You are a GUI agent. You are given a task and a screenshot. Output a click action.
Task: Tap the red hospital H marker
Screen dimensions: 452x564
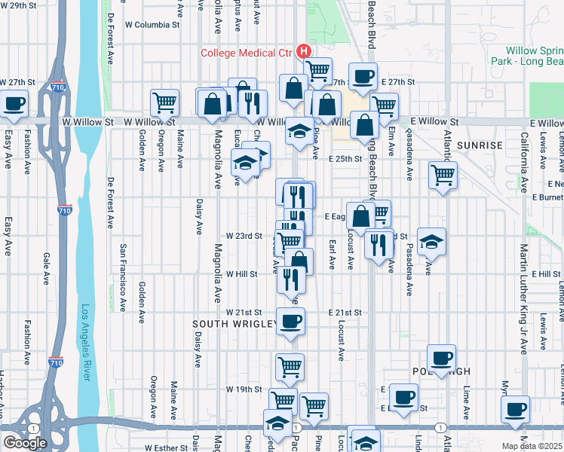click(x=304, y=51)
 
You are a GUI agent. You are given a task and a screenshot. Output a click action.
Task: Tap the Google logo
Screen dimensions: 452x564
click(x=25, y=443)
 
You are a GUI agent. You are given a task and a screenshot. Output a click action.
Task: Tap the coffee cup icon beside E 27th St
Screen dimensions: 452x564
click(x=363, y=78)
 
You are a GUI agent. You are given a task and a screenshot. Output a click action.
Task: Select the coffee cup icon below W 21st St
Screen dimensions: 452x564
click(x=290, y=322)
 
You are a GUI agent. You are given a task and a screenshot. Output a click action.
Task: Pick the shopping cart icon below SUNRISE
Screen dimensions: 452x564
click(x=443, y=176)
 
